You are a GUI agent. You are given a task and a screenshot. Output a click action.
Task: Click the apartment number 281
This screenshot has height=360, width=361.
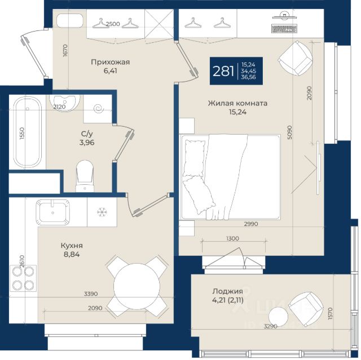coord(223,71)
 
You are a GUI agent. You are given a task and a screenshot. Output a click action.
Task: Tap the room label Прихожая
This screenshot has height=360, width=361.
coord(111,63)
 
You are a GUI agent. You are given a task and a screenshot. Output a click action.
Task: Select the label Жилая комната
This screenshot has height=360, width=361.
coord(237,103)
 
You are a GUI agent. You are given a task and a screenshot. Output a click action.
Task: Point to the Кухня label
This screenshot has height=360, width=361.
coord(72,246)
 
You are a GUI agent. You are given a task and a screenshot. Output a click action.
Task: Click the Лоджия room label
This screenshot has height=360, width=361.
coord(227,291)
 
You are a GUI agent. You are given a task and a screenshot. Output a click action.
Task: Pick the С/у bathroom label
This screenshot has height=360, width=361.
coord(87,134)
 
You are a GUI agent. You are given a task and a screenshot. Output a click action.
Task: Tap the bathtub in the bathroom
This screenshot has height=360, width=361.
coord(28,132)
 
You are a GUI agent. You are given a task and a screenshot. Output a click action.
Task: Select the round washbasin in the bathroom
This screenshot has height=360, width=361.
coord(65,103)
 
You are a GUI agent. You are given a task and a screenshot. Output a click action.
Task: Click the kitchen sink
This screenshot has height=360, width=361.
coord(52,212)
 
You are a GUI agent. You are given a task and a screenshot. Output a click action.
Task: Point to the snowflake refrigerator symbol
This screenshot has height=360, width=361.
coord(102,212)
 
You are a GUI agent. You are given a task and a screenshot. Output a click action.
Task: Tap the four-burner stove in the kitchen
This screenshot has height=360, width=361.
coord(23,278)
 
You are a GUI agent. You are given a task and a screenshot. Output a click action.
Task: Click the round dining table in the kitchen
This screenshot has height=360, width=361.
coord(137,286)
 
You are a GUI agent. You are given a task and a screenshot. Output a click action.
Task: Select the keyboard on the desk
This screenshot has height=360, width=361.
coord(284,29)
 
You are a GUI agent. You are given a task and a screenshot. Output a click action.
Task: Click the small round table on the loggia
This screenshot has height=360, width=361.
coord(278,317)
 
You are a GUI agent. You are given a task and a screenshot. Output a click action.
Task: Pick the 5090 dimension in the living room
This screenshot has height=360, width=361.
coord(289,132)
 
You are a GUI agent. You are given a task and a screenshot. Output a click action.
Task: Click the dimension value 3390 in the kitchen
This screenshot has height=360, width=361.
coord(91,294)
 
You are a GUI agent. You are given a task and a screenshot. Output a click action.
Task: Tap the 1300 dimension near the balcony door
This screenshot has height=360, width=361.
coord(232,238)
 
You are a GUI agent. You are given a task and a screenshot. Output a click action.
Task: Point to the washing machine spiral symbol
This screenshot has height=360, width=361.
coord(100,109)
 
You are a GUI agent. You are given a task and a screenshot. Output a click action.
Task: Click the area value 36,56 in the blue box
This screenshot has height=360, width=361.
coord(248,77)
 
